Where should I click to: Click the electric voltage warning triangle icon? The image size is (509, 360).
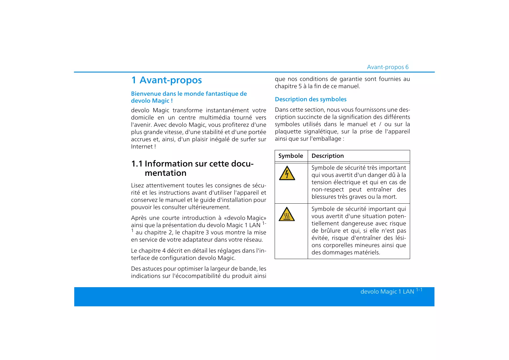click(x=287, y=173)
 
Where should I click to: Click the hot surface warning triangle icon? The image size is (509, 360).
click(x=287, y=215)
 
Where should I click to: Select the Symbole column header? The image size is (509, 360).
click(x=291, y=156)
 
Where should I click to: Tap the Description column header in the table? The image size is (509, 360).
click(x=327, y=156)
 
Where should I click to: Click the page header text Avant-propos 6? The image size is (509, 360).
click(x=387, y=67)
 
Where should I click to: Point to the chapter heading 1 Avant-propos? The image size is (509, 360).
click(x=166, y=80)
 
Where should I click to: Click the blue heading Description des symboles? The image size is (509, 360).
click(x=311, y=99)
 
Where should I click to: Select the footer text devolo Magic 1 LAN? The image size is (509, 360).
click(x=387, y=292)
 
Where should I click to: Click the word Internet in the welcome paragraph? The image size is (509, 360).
click(x=142, y=146)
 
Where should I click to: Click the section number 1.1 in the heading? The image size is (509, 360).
click(x=137, y=164)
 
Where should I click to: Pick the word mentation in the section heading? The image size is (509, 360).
click(x=165, y=173)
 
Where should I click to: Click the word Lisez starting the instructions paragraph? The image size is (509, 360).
click(x=137, y=185)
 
